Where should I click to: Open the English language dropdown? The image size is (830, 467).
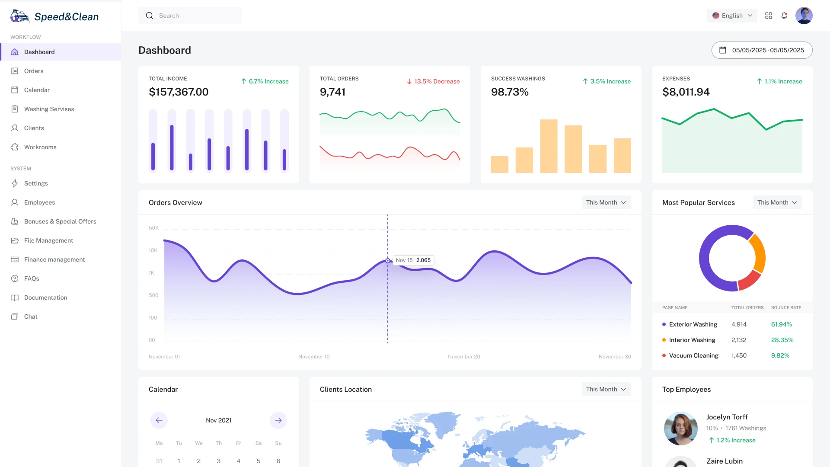point(732,16)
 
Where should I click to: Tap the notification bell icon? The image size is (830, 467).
point(784,16)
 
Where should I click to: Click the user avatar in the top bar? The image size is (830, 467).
point(804,16)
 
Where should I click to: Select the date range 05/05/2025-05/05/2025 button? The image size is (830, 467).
point(762,50)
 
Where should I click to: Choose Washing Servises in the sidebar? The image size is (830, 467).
point(49,109)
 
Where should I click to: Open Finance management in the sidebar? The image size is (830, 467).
point(54,259)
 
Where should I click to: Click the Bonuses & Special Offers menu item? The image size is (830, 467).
point(60,221)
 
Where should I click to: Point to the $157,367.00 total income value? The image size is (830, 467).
point(179,92)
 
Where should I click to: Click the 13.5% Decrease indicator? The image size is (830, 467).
point(433,81)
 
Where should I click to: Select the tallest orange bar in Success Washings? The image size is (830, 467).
point(549,146)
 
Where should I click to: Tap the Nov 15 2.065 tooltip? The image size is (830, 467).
point(413,260)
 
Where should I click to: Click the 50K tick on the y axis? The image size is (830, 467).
point(153,228)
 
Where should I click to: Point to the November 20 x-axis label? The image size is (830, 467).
point(464,357)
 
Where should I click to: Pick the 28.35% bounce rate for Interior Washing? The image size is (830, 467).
point(782,340)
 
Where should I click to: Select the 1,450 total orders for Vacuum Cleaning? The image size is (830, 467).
point(739,355)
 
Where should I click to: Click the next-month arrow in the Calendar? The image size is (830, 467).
point(278,420)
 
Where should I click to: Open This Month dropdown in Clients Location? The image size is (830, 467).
point(606,389)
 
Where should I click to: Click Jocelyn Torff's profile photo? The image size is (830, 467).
point(680,428)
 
